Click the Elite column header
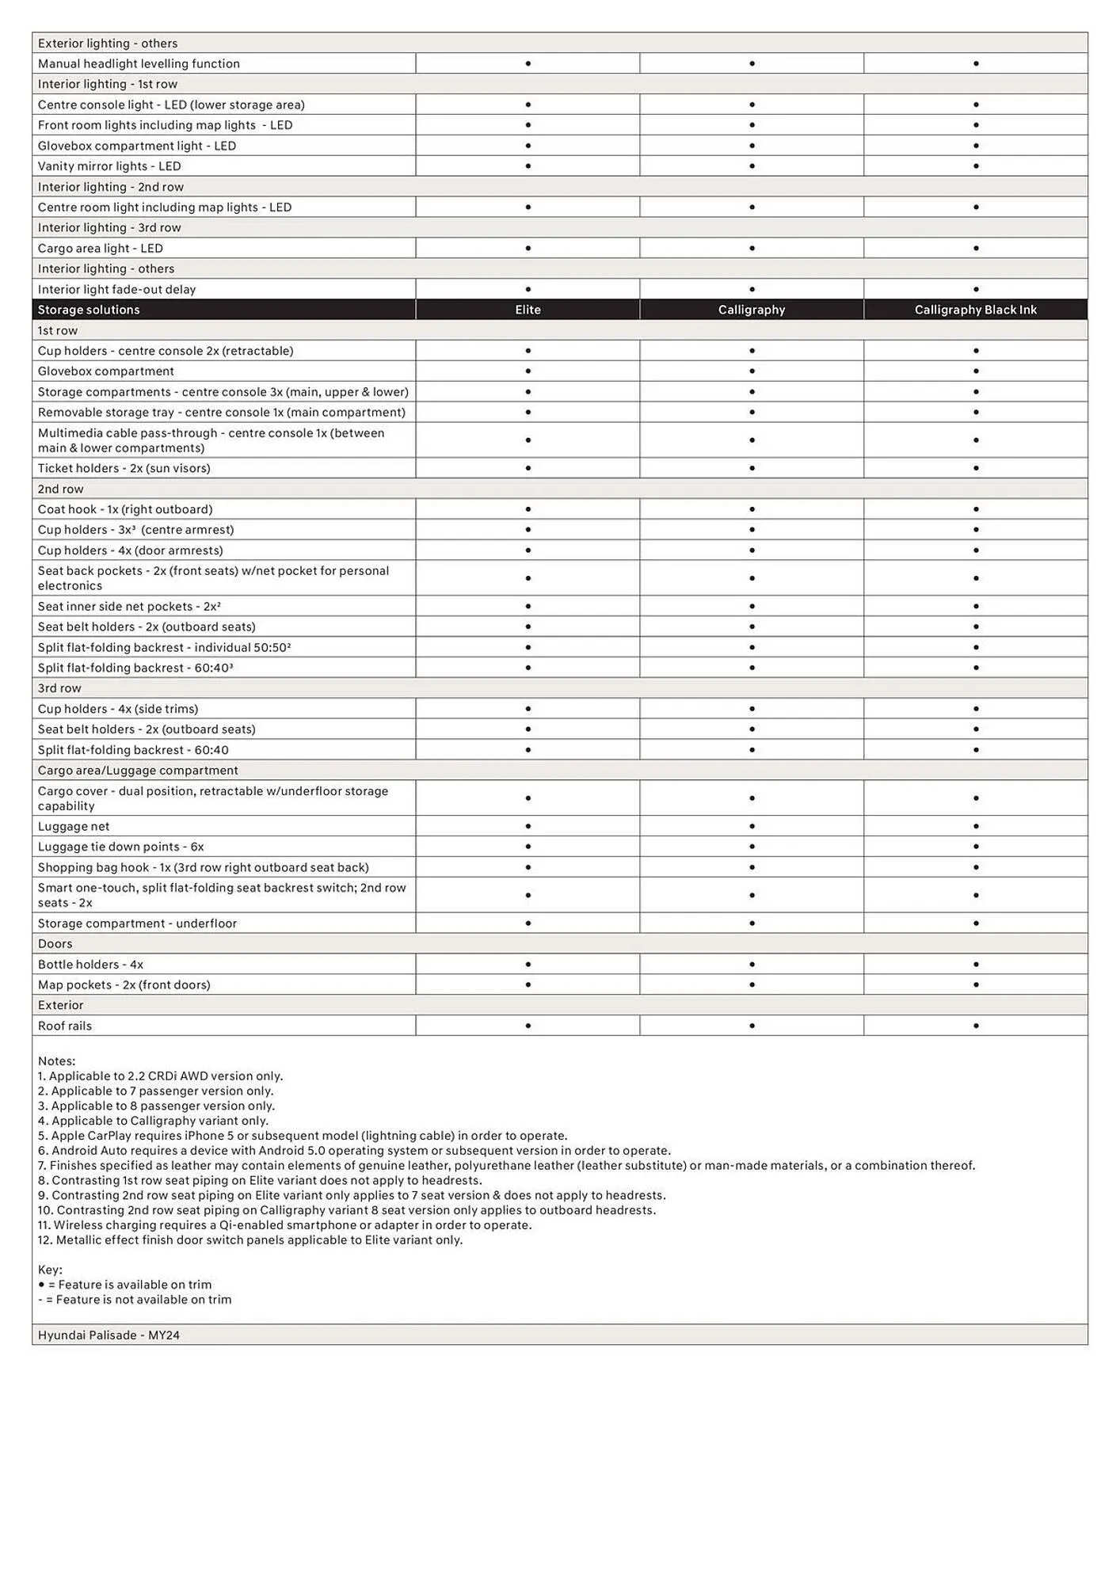click(x=528, y=310)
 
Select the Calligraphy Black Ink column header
click(x=975, y=310)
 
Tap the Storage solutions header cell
click(x=89, y=310)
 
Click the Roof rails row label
click(x=65, y=1026)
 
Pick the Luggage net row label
click(x=74, y=826)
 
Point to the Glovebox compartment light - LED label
click(x=137, y=146)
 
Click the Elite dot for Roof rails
click(x=528, y=1026)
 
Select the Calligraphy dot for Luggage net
click(x=752, y=826)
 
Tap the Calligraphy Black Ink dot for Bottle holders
click(x=976, y=964)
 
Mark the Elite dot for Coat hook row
click(x=528, y=509)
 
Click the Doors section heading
click(x=55, y=943)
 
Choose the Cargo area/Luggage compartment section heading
click(x=138, y=770)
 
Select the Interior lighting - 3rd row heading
click(x=109, y=227)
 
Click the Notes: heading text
click(x=56, y=1060)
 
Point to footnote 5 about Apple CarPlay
click(x=303, y=1135)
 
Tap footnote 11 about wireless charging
click(x=285, y=1224)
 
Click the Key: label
click(x=50, y=1269)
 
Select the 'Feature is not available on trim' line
click(x=135, y=1299)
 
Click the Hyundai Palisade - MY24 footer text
click(x=109, y=1335)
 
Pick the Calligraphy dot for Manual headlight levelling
click(x=752, y=63)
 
